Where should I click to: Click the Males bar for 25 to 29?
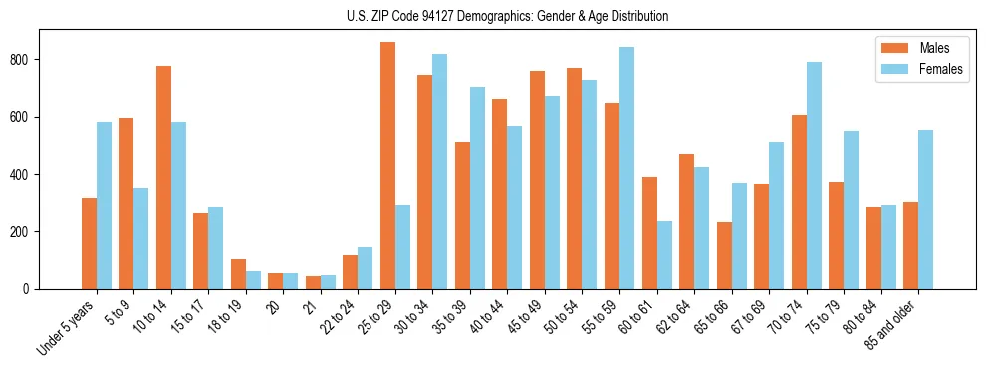coord(387,166)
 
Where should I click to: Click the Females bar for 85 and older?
coord(925,209)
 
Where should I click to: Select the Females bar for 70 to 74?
coord(814,176)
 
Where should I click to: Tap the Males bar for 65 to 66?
coord(724,255)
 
